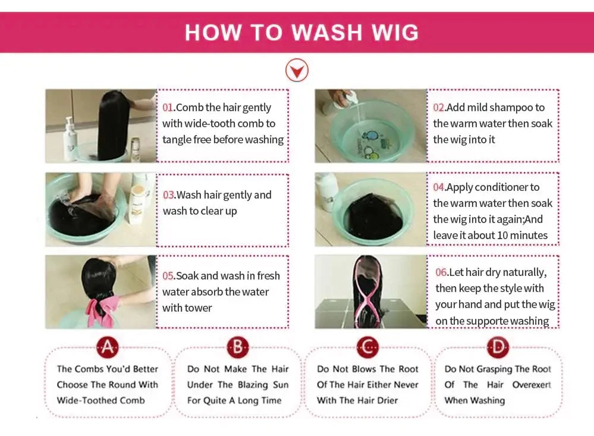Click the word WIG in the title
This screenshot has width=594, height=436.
pos(395,32)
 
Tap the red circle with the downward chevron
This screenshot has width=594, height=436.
pos(297,70)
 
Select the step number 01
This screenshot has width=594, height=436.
pos(168,107)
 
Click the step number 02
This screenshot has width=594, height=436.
pos(439,107)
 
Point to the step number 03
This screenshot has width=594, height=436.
pos(169,195)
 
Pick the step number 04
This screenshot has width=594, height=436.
pos(439,187)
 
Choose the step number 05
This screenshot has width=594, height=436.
pos(168,275)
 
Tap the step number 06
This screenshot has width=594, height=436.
pos(441,272)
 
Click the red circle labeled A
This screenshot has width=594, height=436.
pos(108,347)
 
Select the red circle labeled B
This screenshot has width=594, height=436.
pos(238,347)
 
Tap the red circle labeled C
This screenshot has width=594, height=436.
pos(368,347)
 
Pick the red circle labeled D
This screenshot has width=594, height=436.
pos(498,347)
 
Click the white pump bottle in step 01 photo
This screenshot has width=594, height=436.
pos(71,139)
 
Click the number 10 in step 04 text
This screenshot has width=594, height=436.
pos(502,236)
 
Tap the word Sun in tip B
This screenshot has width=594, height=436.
pos(281,385)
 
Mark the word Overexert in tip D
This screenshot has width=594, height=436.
pos(532,385)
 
